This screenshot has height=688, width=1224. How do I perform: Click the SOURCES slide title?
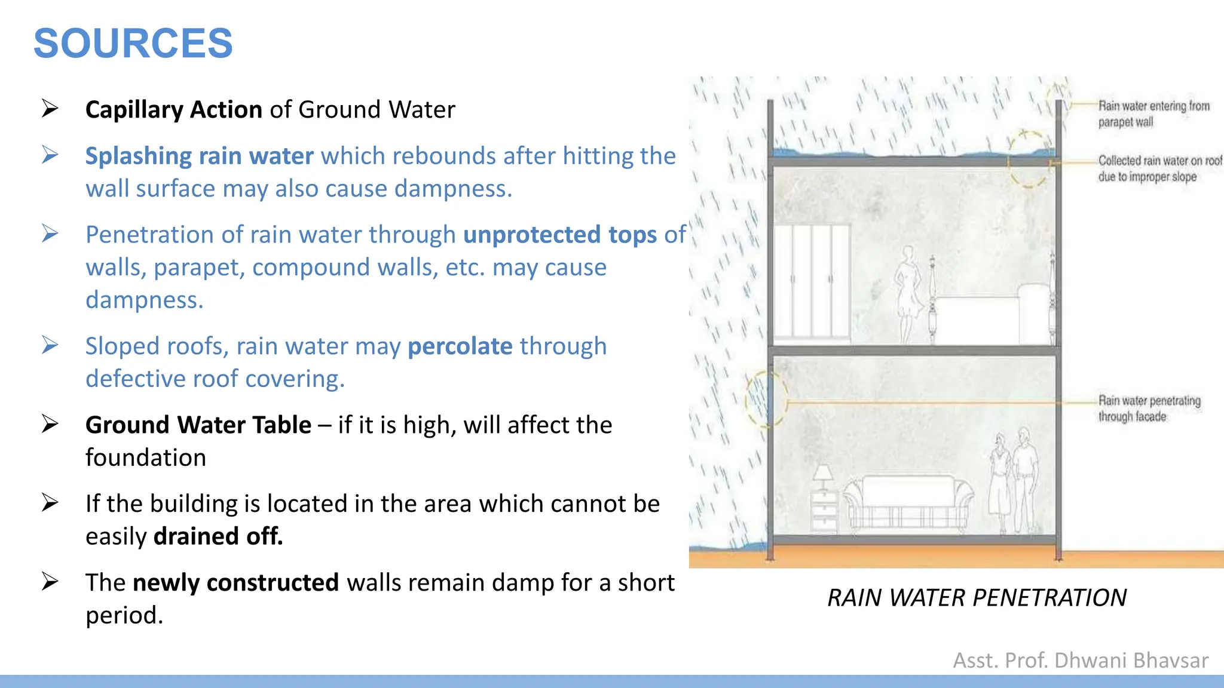tap(133, 44)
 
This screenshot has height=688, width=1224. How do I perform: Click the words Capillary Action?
tap(173, 110)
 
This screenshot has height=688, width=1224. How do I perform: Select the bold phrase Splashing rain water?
tap(199, 156)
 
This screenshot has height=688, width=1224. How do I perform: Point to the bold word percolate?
tap(460, 346)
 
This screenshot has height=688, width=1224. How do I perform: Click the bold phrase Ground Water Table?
tap(198, 425)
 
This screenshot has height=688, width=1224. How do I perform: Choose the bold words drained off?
tap(218, 536)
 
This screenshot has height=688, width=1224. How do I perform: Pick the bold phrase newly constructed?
tap(235, 583)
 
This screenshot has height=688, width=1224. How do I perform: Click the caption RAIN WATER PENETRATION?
tap(977, 598)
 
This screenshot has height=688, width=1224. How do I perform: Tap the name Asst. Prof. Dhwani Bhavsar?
tap(1080, 661)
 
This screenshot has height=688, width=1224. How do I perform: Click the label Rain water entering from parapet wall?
tap(1153, 114)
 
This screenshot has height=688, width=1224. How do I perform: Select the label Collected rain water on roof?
tap(1159, 168)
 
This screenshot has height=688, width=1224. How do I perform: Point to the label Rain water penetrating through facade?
tap(1149, 408)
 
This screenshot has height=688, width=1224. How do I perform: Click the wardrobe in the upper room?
tap(812, 281)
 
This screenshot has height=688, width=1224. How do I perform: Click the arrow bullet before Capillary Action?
tap(50, 109)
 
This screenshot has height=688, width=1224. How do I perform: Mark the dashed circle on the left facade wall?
tap(766, 399)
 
